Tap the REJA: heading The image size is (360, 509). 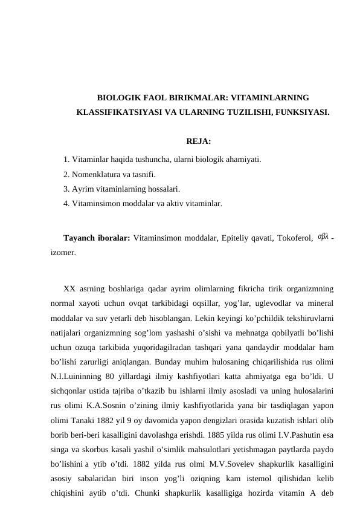[199, 142]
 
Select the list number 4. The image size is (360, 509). [65, 204]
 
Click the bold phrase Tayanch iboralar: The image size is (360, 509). [97, 237]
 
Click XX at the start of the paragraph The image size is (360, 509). [69, 288]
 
